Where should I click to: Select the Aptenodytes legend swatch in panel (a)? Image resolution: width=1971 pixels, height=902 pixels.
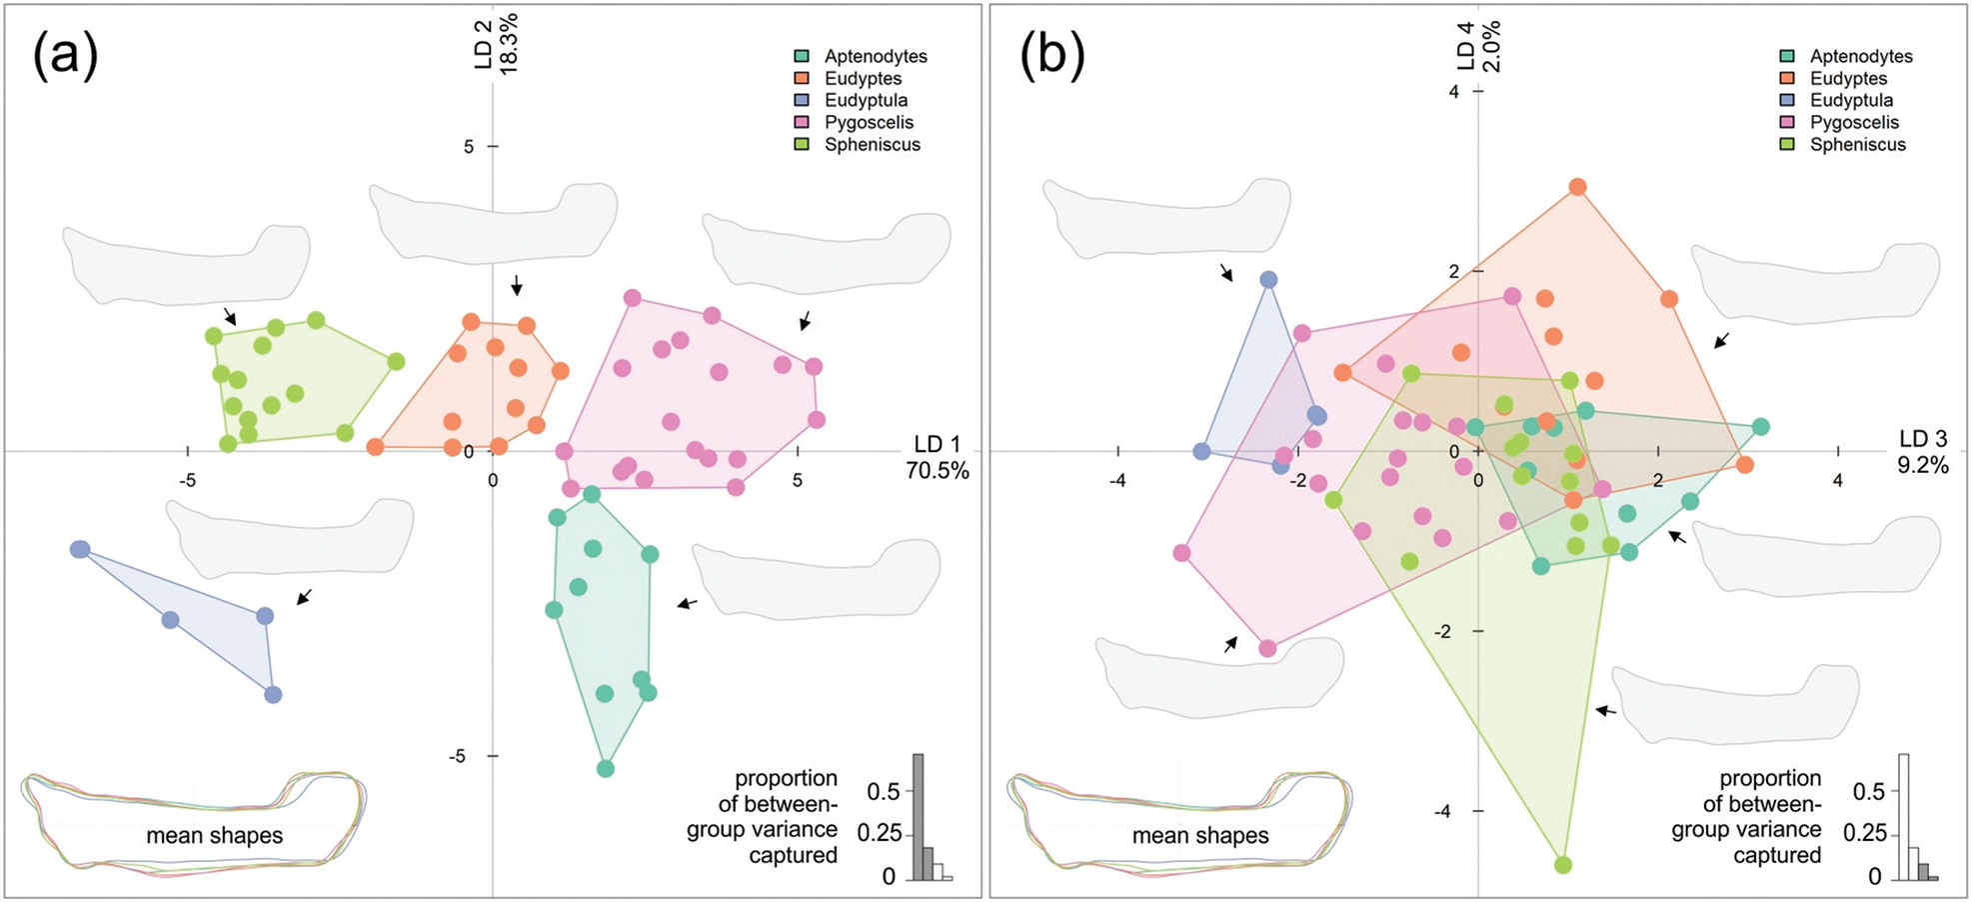point(802,57)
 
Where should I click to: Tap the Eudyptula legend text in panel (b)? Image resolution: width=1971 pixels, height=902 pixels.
point(1851,101)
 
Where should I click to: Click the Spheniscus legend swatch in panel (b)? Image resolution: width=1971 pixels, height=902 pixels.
point(1787,145)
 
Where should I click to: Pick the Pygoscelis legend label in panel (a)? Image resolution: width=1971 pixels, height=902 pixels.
point(869,123)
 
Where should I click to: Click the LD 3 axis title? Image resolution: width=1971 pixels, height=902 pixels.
point(1923,439)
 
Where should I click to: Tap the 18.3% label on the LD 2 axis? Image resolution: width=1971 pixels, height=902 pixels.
point(509,44)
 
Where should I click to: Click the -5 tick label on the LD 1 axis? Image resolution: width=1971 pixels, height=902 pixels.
point(187,480)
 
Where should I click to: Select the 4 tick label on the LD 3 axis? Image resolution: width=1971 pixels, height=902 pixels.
point(1838,480)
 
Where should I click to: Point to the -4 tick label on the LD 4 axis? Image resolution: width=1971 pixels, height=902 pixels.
point(1442,812)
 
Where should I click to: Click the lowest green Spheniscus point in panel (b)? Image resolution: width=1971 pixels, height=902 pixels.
point(1563,864)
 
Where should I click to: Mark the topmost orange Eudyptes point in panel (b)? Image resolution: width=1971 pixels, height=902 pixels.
point(1577,187)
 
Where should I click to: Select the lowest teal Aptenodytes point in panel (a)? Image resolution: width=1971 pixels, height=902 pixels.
point(605,768)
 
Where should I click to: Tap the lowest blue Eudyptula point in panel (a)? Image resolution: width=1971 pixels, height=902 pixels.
point(273,694)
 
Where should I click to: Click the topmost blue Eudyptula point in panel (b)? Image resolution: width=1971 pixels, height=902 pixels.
point(1268,280)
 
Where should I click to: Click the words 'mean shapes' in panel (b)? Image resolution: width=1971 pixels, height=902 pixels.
point(1200,836)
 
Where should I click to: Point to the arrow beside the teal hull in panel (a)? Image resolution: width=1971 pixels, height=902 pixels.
point(688,603)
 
